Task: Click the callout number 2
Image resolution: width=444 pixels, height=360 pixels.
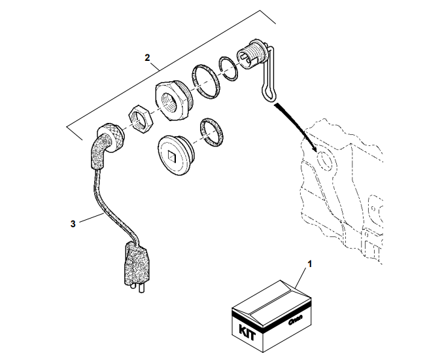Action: (148, 58)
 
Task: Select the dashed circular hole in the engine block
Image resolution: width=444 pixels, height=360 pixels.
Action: (323, 160)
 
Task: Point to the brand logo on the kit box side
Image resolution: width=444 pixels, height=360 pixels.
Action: (294, 321)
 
